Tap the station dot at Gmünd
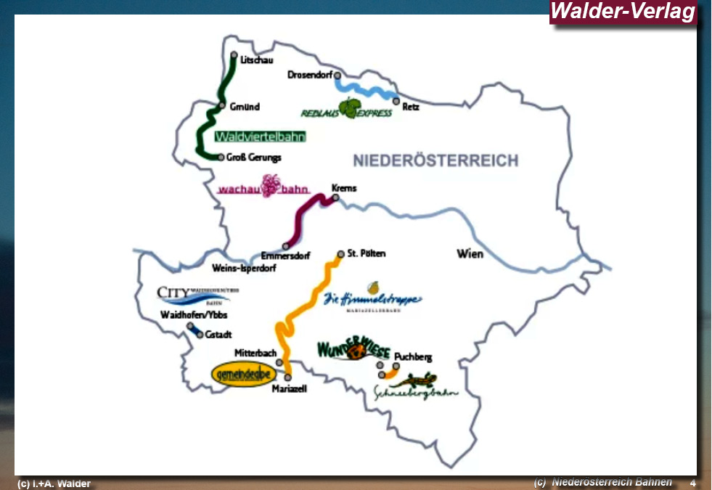(x=223, y=105)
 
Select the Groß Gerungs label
(x=254, y=158)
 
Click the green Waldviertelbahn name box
(x=260, y=136)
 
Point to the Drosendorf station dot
(x=337, y=75)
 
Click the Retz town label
(x=411, y=107)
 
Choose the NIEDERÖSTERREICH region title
(x=435, y=160)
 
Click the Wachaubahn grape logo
(x=270, y=186)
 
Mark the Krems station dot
(x=335, y=197)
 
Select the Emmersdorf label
(x=285, y=256)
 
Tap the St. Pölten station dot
(x=340, y=254)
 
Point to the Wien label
(x=470, y=254)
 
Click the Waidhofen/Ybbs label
(x=194, y=314)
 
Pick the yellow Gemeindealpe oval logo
(x=245, y=374)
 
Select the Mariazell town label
(x=289, y=389)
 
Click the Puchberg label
(x=413, y=356)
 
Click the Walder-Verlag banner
(x=623, y=12)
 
